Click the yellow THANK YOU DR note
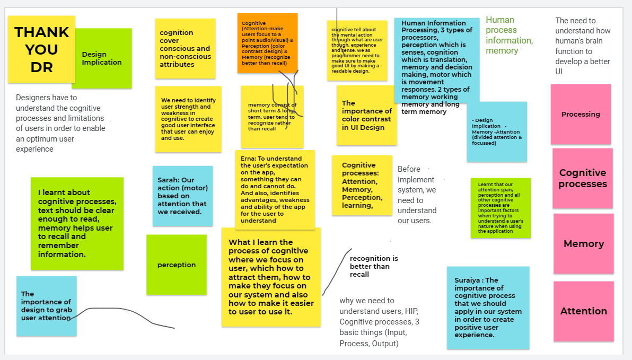click(41, 49)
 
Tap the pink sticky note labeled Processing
click(581, 114)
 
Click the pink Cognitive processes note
click(583, 178)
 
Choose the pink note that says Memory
click(584, 244)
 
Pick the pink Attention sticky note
click(584, 311)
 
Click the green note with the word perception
click(177, 265)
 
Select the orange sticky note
click(267, 43)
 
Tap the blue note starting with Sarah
click(182, 196)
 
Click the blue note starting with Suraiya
click(488, 308)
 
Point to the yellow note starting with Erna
click(275, 189)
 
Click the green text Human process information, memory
click(510, 36)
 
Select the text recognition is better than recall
click(374, 266)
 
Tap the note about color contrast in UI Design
click(366, 115)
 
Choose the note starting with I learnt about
click(77, 223)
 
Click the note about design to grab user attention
click(46, 306)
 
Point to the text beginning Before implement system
click(417, 195)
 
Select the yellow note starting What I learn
click(271, 277)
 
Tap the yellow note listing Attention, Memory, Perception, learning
click(362, 185)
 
